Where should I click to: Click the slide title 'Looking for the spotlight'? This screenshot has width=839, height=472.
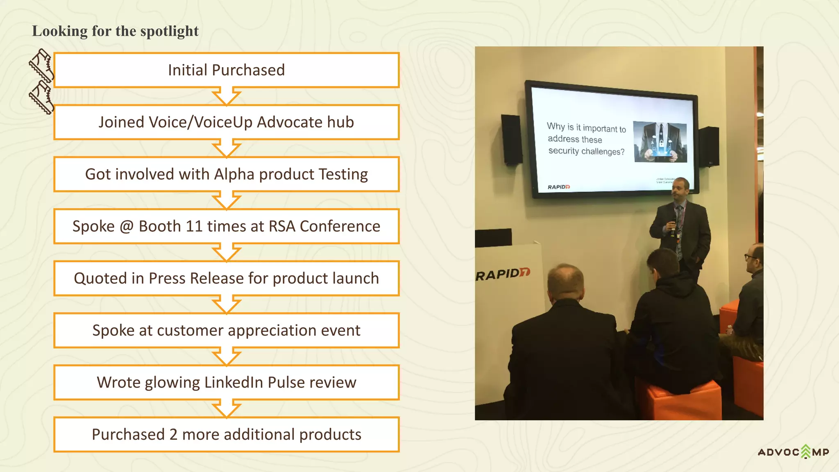click(x=115, y=31)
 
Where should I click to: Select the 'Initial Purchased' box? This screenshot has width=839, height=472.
click(x=226, y=70)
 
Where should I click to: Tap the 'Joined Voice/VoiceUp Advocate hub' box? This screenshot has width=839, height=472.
click(x=226, y=122)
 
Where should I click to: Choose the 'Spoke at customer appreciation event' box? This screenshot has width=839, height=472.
click(x=226, y=330)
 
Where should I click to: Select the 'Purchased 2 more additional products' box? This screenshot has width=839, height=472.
click(x=226, y=434)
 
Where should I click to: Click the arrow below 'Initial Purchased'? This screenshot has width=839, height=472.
click(x=226, y=97)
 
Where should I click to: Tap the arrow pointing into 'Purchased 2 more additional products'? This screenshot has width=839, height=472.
click(x=226, y=409)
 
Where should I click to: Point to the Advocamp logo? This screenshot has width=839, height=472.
click(x=793, y=452)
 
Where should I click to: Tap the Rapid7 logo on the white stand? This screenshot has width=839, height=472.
click(x=503, y=274)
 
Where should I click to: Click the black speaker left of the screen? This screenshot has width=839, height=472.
click(x=511, y=139)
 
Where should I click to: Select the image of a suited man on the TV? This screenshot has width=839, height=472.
click(x=660, y=142)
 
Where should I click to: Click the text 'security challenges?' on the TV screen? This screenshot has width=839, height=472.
click(x=586, y=151)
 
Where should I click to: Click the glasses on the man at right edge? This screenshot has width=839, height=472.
click(x=751, y=257)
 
